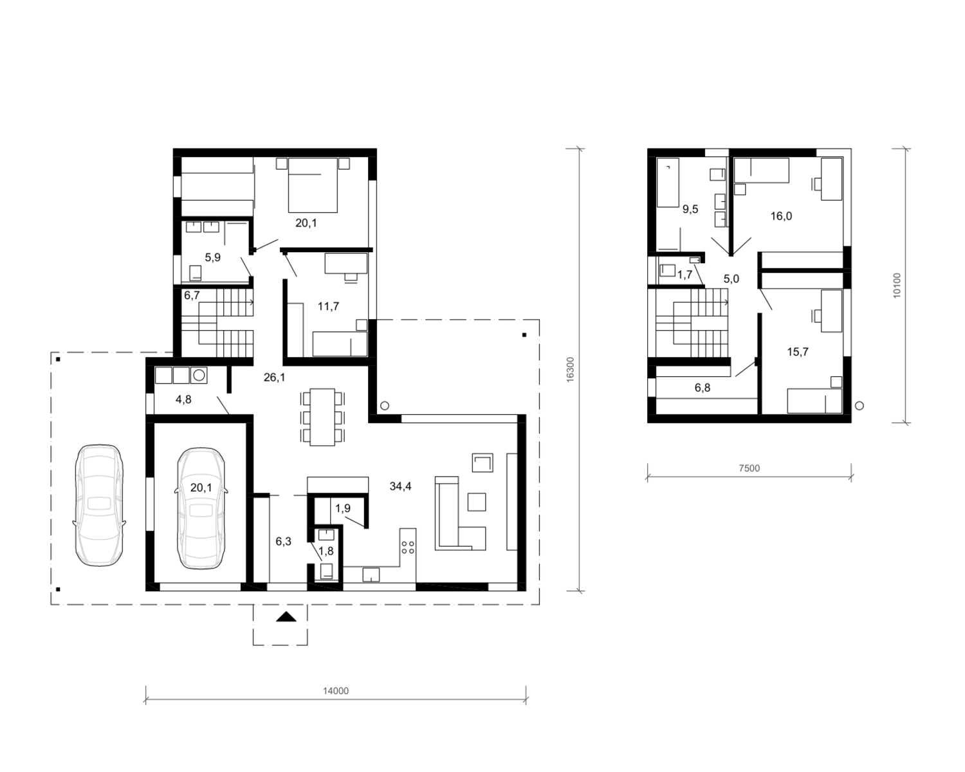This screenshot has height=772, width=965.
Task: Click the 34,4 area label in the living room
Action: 400,486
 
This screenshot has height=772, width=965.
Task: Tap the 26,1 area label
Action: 274,378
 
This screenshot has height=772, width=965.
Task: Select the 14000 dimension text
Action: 336,691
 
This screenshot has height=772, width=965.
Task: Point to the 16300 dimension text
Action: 571,370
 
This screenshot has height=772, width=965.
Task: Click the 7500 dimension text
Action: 749,469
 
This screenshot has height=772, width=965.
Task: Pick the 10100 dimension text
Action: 896,286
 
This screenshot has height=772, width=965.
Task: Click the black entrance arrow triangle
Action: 286,617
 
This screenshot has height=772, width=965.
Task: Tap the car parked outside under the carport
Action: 99,505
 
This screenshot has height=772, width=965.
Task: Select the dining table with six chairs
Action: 322,417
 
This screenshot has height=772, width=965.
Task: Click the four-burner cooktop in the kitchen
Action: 408,547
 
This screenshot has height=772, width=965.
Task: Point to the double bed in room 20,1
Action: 313,185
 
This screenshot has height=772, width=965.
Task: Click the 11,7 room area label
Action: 328,307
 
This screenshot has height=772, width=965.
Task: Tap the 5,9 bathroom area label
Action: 212,257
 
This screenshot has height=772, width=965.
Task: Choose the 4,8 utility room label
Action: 183,400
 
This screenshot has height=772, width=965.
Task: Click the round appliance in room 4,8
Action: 199,375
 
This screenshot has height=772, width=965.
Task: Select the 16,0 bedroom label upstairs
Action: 781,216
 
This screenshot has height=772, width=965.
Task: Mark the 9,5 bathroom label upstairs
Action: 690,209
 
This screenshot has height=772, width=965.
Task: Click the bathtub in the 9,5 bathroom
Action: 668,183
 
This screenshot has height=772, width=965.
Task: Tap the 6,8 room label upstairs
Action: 703,387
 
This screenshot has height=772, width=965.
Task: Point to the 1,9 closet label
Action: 343,508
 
